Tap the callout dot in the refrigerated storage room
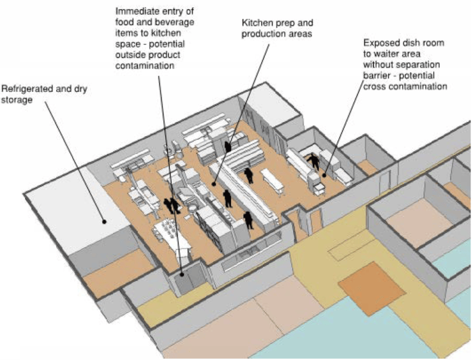pos(104,222)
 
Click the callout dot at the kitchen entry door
pos(182,274)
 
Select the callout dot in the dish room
pos(325,175)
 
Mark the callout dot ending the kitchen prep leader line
pos(214,183)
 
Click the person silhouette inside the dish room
pos(313,162)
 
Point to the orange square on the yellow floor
pos(371,288)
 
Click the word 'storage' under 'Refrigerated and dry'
pos(17,100)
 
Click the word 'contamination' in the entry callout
pos(145,66)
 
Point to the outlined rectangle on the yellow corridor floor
pos(351,249)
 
